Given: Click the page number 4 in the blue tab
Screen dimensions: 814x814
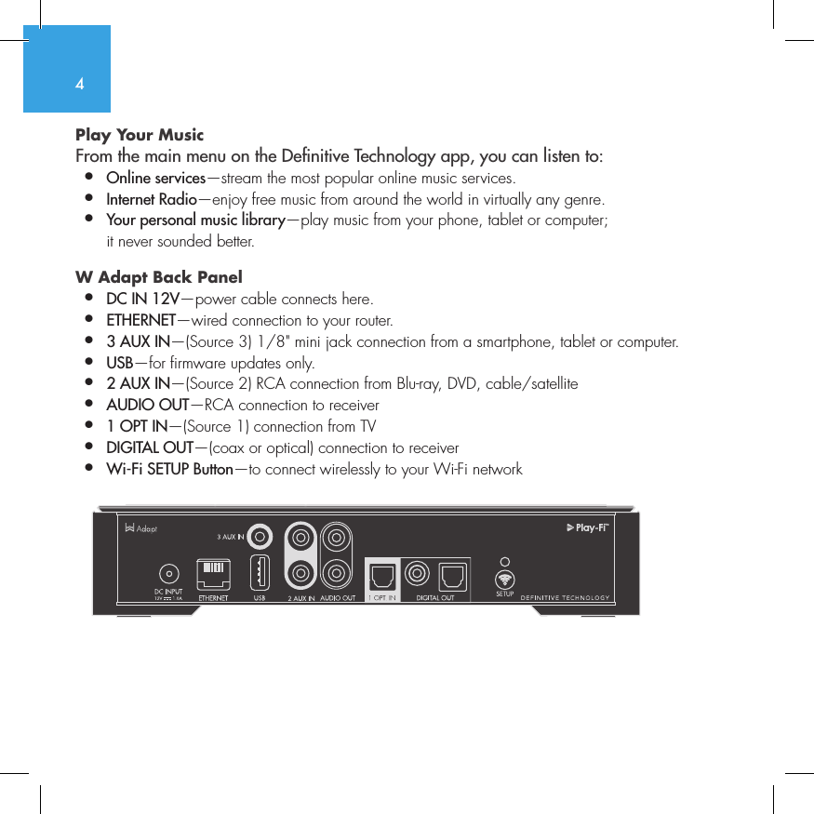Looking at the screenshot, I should (80, 84).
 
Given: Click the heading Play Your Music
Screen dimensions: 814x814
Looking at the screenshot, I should (140, 135).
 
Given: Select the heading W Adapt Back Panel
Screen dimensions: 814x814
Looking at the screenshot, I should (158, 277).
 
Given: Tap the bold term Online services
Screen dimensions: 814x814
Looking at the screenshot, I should (155, 178).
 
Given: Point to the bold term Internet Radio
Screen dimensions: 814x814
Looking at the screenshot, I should (152, 199).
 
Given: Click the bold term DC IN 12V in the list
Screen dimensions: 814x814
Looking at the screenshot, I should (143, 299).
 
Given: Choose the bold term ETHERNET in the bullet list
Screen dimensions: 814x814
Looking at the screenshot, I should (140, 321).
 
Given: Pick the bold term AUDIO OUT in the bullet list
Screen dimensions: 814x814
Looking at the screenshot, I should (147, 405).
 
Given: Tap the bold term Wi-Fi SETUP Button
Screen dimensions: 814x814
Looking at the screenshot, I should (169, 469).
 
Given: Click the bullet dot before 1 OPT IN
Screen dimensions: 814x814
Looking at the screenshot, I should (88, 426).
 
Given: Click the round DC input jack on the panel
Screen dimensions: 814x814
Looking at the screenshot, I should (168, 573).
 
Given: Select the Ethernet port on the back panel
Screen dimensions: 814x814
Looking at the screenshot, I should (213, 573).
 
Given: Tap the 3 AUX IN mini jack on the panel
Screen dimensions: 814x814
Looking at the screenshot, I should (261, 536).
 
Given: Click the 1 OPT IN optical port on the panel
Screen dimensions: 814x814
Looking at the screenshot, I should (381, 577).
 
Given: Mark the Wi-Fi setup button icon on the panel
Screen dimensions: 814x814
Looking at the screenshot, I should (504, 577).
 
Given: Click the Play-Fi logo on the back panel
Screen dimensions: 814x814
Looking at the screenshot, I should (587, 528).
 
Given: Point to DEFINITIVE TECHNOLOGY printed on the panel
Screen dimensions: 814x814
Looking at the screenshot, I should (565, 598).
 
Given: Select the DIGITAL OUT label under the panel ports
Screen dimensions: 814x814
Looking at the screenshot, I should (434, 598).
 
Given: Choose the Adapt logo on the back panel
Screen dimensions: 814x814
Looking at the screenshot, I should (141, 528).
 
